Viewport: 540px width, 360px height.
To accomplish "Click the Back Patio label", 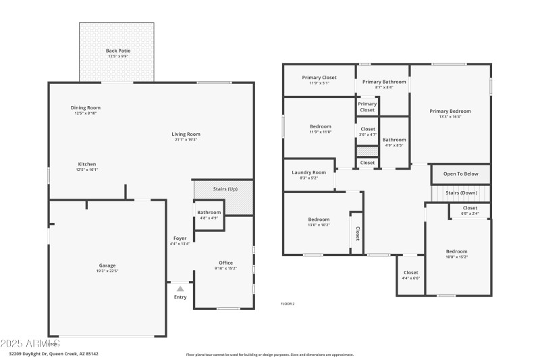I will coord(118,51).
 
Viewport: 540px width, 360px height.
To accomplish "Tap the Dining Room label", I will coord(86,108).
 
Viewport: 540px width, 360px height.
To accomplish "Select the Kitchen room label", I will coord(87,164).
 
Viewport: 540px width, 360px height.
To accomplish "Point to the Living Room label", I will coord(186,134).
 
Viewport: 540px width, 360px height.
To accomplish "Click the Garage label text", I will coord(107,265).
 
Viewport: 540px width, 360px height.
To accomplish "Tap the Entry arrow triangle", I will coord(180,288).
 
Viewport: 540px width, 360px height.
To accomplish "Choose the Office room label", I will coord(225,263).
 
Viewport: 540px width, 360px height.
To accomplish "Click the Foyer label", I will coord(180,238).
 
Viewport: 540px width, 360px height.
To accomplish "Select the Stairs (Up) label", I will coord(224,188).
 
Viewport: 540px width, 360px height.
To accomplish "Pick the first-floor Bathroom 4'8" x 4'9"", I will coord(209,213).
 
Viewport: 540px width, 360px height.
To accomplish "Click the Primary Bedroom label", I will coord(450,111).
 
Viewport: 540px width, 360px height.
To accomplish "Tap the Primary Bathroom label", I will coord(384,82).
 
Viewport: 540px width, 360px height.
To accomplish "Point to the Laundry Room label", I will coord(309,172).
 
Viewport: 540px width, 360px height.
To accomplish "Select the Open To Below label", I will coord(460,174).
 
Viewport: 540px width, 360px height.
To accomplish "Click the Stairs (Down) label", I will coord(462,192).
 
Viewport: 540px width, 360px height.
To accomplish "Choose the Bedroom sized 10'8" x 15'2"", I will coord(456,251).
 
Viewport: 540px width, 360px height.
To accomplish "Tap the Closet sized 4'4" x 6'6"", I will coord(410,273).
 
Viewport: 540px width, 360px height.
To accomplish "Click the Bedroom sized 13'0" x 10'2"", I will coord(319,220).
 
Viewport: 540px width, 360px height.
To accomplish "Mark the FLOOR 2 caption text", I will coord(288,304).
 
